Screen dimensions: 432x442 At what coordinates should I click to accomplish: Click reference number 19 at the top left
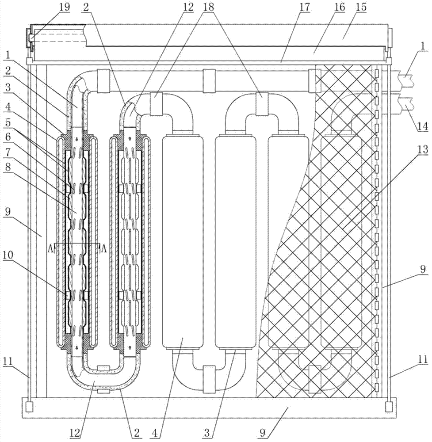[65, 7]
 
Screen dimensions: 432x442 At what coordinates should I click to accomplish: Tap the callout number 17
[305, 7]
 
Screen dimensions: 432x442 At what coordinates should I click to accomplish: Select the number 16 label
[340, 7]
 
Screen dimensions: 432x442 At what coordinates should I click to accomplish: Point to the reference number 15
[361, 7]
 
